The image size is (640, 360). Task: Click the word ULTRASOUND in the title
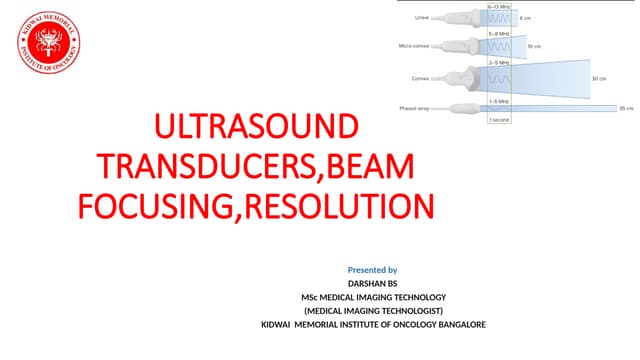[x=255, y=128]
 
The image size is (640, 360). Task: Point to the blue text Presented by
[x=372, y=270]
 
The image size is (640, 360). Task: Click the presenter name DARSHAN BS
[x=372, y=284]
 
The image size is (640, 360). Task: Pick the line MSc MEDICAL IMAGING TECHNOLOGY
[x=372, y=297]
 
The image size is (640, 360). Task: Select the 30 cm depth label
[x=599, y=78]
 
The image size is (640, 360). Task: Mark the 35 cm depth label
[x=627, y=107]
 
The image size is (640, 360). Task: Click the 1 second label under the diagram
[x=498, y=120]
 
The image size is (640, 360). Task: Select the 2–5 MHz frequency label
[x=498, y=62]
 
